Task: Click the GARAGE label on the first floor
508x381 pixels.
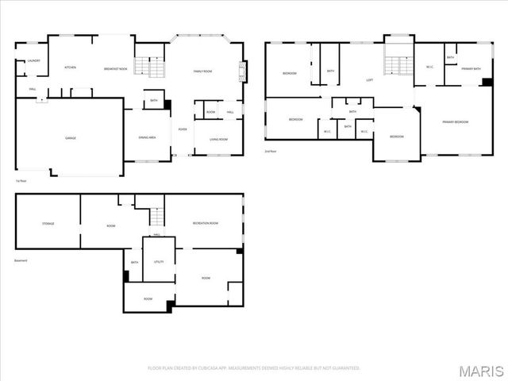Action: point(70,138)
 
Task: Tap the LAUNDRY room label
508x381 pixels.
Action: point(33,60)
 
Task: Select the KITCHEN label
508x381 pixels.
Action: point(70,68)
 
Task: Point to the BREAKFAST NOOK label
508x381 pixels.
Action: point(116,69)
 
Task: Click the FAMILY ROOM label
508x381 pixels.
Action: point(202,71)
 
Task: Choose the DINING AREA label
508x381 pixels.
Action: point(147,137)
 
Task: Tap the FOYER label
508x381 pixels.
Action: point(183,129)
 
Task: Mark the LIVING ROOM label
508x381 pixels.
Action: point(220,140)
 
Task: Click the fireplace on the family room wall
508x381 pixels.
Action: point(241,75)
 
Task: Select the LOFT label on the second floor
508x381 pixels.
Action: point(370,80)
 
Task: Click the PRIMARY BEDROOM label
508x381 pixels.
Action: point(456,122)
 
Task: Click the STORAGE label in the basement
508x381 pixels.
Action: point(48,224)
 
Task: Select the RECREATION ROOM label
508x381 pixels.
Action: point(206,224)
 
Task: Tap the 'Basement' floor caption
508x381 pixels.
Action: point(21,260)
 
